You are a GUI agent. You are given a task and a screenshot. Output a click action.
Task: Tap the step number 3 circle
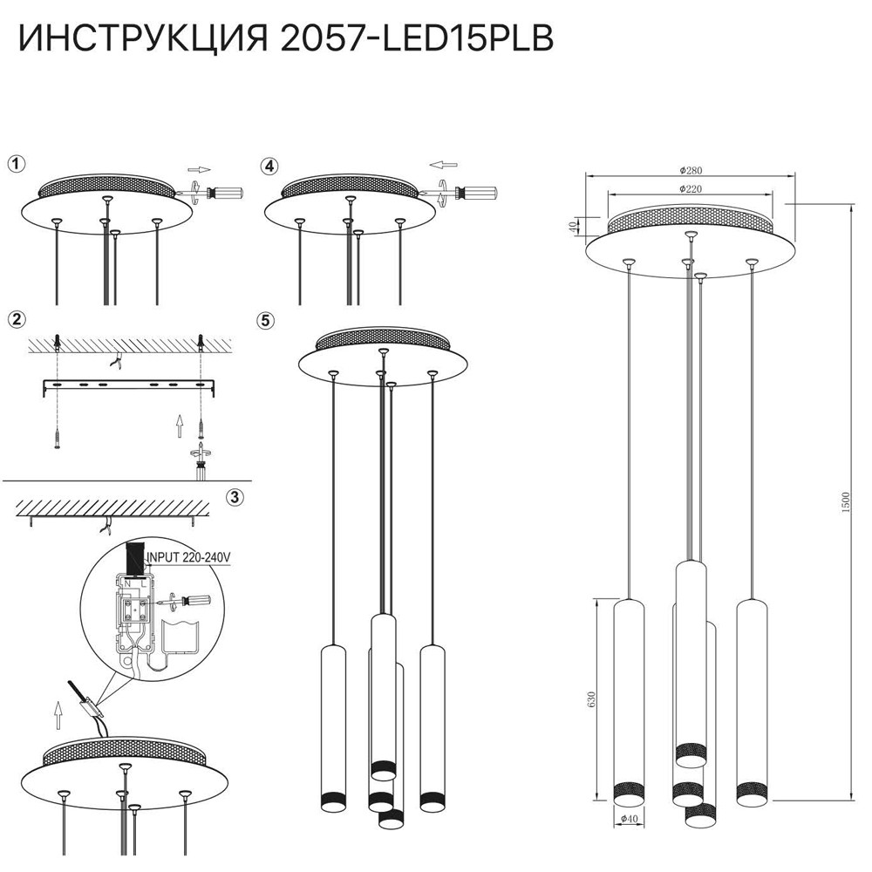click(234, 498)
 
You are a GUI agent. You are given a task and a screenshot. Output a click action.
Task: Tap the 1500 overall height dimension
click(845, 501)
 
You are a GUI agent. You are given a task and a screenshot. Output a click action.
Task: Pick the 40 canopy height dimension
click(573, 227)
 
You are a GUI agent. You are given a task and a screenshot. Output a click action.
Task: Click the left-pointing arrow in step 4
click(444, 164)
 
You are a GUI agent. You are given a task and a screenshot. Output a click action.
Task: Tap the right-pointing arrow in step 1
click(199, 169)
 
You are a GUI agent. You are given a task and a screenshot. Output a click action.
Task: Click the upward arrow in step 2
click(178, 425)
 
